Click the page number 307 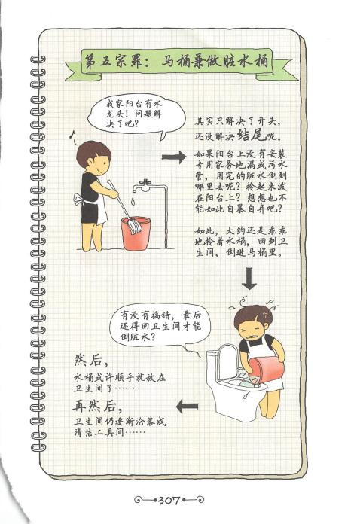tap(169, 500)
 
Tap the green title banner tap(177, 62)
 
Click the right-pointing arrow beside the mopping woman tap(174, 157)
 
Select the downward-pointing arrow tap(249, 278)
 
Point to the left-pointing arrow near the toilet tap(188, 407)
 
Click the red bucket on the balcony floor tap(136, 233)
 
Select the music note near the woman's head tap(71, 134)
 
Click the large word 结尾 tap(252, 135)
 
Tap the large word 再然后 tap(95, 406)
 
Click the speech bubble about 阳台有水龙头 tap(136, 114)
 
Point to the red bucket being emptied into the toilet tap(267, 370)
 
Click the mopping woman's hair tap(92, 153)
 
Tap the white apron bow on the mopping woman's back tap(79, 200)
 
